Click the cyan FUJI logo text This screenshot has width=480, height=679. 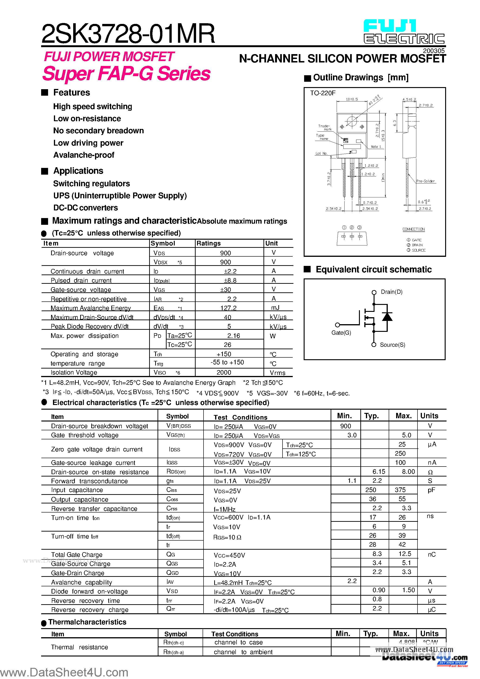coord(389,26)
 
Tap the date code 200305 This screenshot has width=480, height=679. coord(434,51)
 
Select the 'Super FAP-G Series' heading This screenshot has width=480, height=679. coord(126,73)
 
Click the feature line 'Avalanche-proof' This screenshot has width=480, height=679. coord(84,155)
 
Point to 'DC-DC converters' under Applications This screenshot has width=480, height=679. coord(85,208)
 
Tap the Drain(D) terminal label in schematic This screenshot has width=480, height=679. coord(391,292)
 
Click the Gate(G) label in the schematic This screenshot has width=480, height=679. coord(341,333)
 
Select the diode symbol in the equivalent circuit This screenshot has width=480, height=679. coord(387,317)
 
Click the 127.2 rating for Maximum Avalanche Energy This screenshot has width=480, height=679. coord(228,308)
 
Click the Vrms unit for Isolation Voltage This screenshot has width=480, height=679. coord(277,373)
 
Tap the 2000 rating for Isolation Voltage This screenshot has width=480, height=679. coord(224,372)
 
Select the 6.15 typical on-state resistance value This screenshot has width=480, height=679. coord(378,472)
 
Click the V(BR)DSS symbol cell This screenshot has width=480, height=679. coord(178,426)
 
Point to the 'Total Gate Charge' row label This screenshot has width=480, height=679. coord(77,555)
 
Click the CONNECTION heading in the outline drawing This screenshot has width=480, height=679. coord(413,229)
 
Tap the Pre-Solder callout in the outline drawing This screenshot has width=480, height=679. coord(425,181)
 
